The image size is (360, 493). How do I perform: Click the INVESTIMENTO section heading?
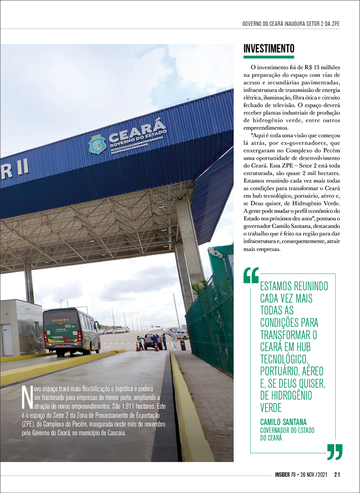click(x=269, y=48)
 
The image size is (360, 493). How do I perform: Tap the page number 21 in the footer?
click(x=337, y=475)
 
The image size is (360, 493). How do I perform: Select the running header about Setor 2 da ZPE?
click(x=291, y=24)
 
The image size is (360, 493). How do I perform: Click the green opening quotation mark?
click(x=251, y=275)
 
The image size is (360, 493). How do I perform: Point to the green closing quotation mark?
click(x=335, y=452)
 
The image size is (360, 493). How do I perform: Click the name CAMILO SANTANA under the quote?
click(x=283, y=422)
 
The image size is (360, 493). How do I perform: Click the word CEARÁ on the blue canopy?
click(x=137, y=131)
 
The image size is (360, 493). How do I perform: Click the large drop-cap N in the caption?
click(x=27, y=399)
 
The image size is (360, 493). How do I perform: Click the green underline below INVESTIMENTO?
click(x=269, y=57)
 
